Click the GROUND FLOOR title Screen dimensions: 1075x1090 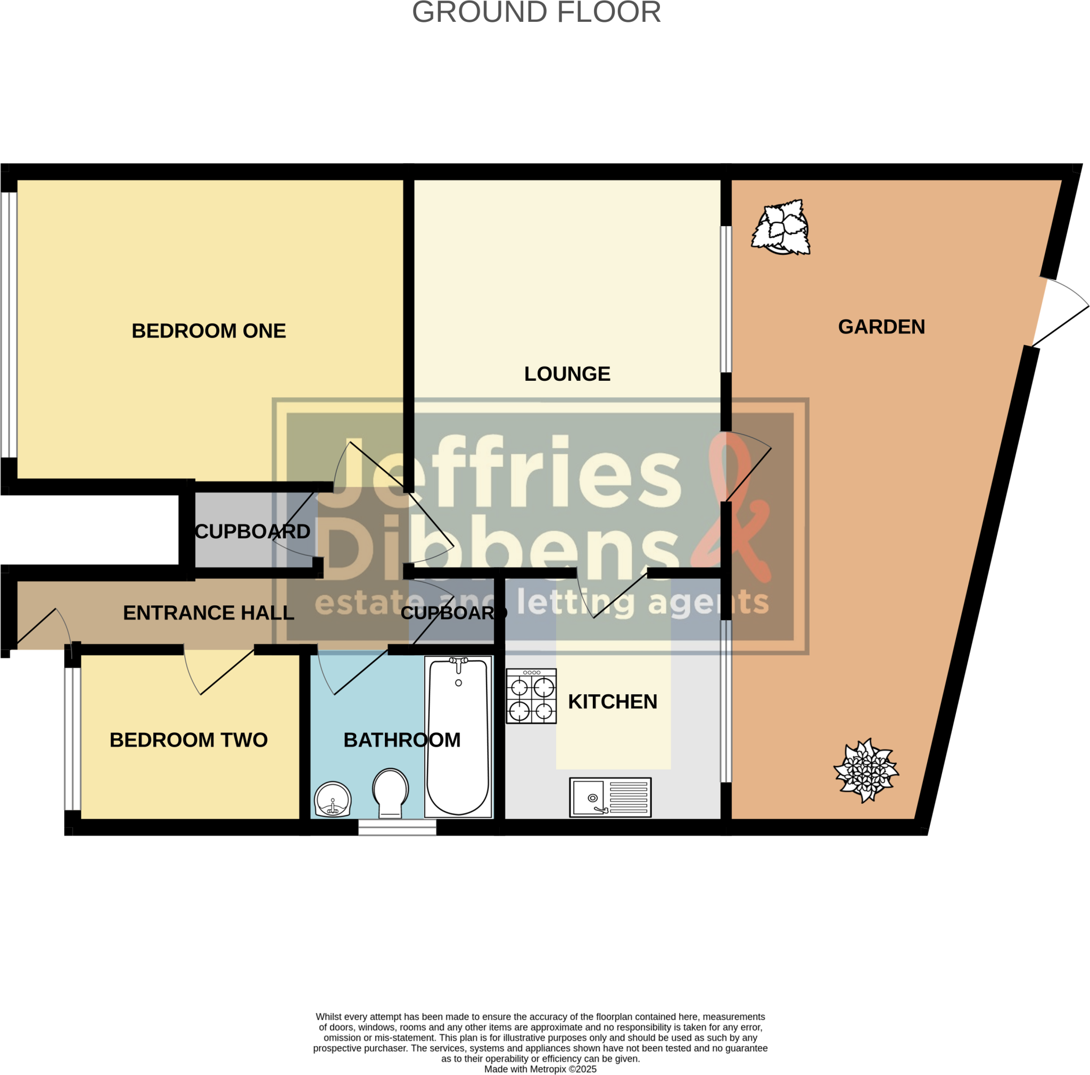536,12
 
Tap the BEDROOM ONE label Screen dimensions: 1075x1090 209,331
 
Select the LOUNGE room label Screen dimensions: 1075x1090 567,374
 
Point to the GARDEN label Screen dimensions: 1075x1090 881,327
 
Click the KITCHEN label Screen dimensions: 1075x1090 612,702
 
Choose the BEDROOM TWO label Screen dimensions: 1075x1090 188,740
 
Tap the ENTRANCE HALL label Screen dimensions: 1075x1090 208,613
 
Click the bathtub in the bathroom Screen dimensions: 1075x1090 458,737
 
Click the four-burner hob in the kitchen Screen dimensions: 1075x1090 531,696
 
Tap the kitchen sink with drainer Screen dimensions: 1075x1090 610,798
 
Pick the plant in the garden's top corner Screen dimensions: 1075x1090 781,227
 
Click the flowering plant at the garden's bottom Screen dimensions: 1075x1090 866,770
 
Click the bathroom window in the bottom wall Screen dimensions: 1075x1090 397,827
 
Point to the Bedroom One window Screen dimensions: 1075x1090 9,324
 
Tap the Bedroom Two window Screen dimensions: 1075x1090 72,738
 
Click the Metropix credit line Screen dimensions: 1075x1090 540,1069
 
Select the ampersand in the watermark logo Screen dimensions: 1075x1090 739,507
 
